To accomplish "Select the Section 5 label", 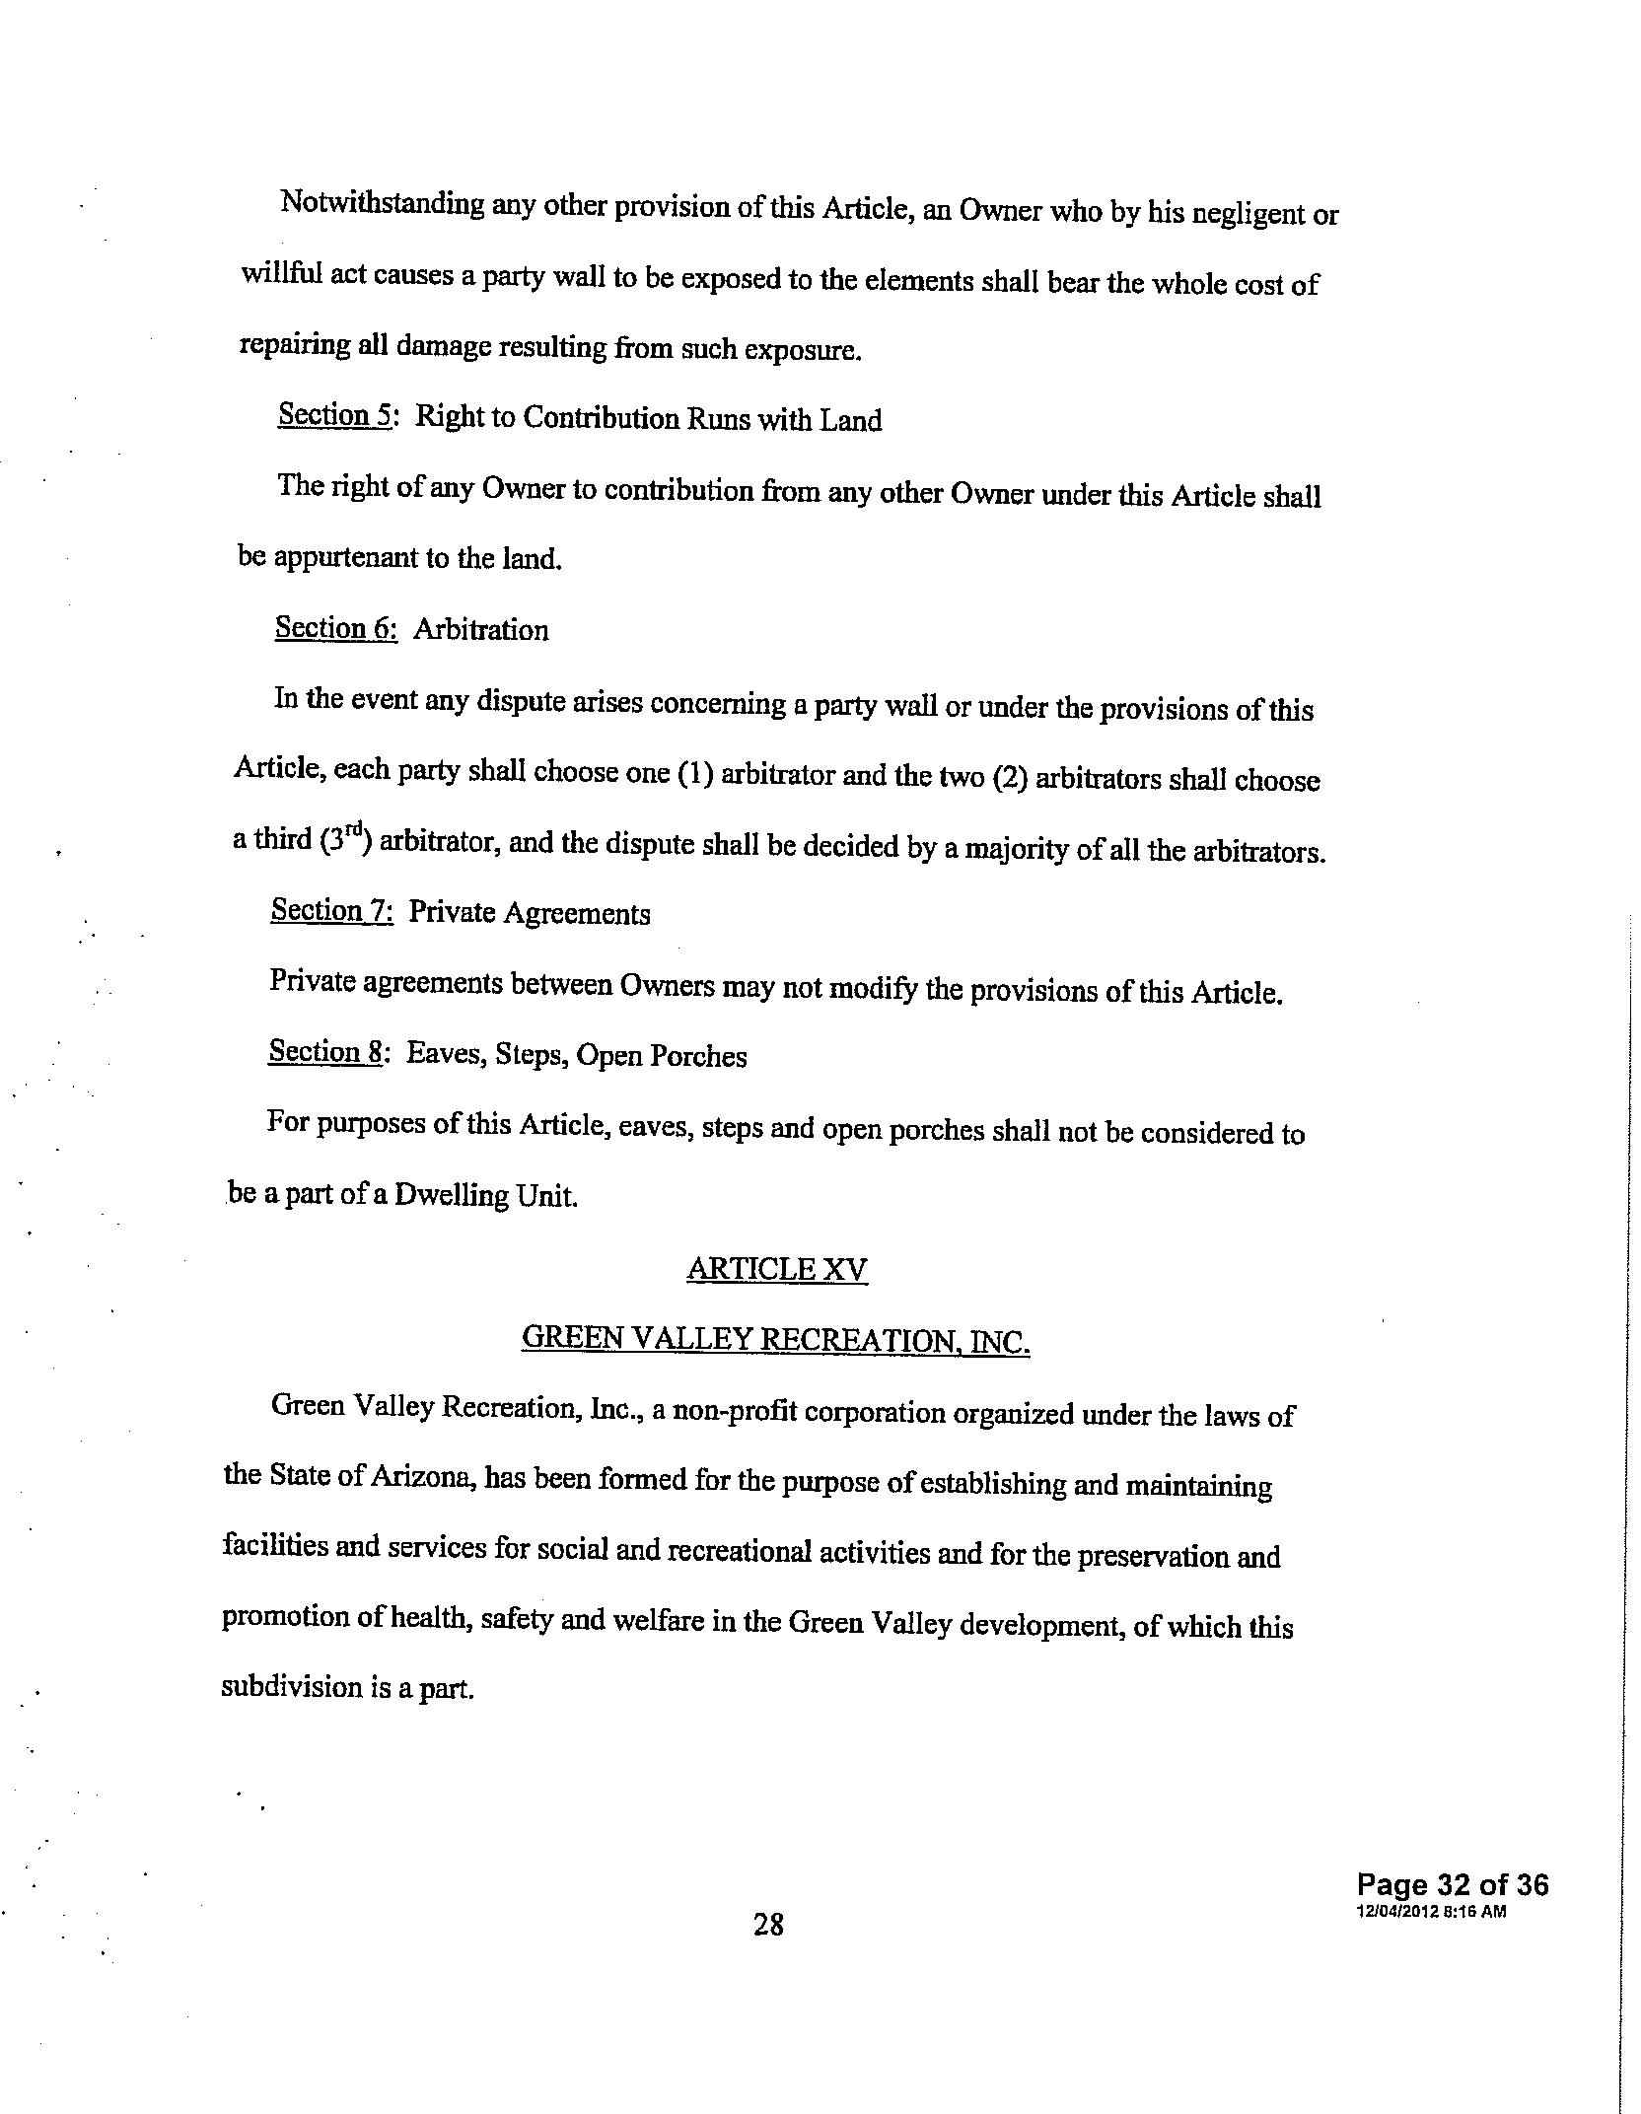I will click(x=335, y=415).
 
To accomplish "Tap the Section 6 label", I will click(x=335, y=628).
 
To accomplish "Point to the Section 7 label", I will click(x=331, y=910).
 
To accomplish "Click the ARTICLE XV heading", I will click(x=777, y=1269).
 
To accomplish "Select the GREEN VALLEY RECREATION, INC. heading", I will click(x=775, y=1339).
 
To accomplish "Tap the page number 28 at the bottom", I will click(x=768, y=1924).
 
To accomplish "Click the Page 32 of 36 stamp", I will click(x=1452, y=1885).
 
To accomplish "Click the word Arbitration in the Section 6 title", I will click(x=480, y=630).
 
